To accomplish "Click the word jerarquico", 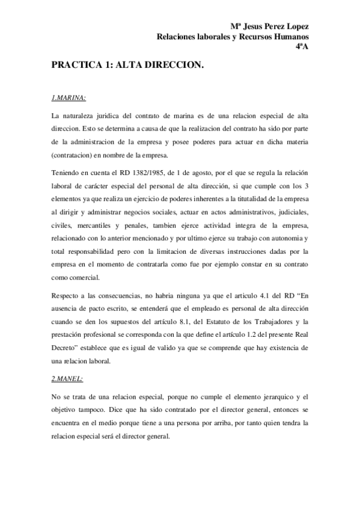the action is [257, 396].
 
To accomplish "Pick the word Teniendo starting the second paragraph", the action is [67, 173].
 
